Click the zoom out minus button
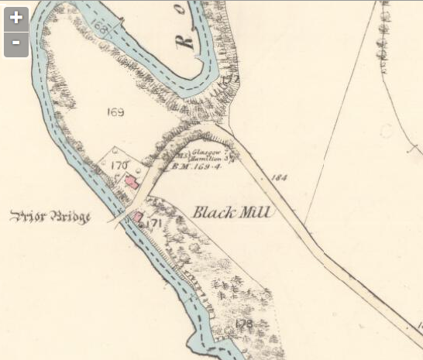click(16, 44)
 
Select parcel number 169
click(115, 113)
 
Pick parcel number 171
click(152, 223)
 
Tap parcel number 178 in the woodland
click(246, 323)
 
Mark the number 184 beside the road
click(279, 178)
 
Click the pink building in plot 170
click(131, 183)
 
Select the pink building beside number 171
click(137, 218)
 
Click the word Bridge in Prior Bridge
click(70, 217)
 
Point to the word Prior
click(28, 217)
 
